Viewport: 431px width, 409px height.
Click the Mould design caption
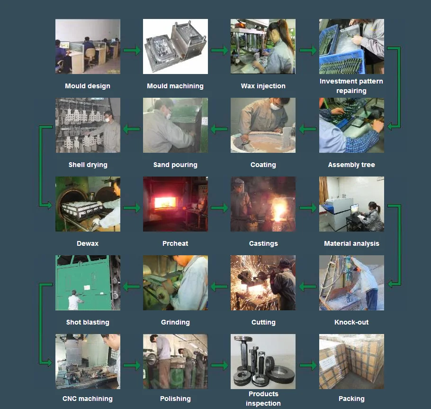88,86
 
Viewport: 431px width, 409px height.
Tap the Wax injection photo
263,46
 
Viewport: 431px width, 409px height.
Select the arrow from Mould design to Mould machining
132,50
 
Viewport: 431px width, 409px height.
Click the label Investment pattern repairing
351,86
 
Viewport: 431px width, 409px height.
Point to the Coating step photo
263,125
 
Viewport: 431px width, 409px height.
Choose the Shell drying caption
88,165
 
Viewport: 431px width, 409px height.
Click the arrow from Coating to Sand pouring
219,129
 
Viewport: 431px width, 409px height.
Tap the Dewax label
88,243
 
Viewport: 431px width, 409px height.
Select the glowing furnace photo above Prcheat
175,204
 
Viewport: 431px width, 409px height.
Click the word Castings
263,243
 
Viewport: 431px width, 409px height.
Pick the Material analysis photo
351,204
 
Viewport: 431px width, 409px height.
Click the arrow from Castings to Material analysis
308,208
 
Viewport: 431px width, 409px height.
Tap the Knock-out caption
351,322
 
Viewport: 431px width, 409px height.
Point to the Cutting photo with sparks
263,283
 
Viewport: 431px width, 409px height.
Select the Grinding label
175,322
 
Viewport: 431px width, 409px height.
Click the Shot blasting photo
88,283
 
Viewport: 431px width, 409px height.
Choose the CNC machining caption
88,399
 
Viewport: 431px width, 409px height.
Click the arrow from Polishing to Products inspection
219,365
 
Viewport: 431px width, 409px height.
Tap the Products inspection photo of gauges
263,362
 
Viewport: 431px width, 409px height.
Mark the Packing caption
351,399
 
